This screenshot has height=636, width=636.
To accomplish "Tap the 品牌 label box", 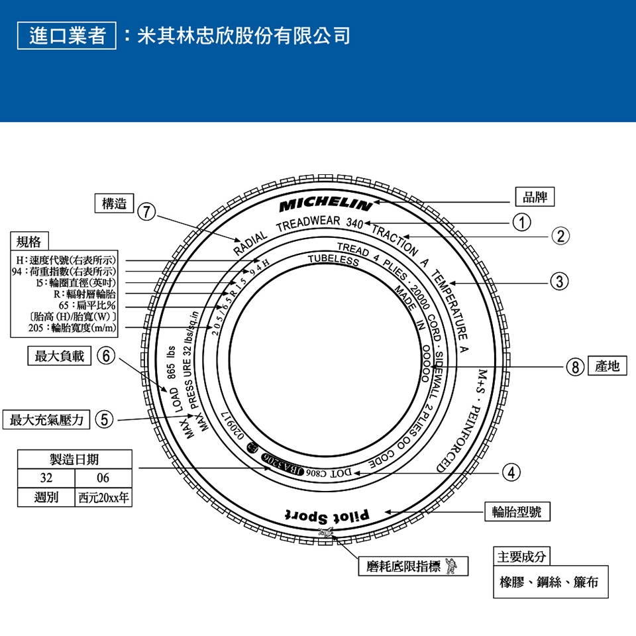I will tap(535, 197).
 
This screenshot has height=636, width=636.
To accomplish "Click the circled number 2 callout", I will tap(560, 236).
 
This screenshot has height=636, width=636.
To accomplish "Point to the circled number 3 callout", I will tap(560, 281).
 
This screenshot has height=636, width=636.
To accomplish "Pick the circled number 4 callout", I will tap(509, 472).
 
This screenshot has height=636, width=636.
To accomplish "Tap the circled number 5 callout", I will tap(104, 419).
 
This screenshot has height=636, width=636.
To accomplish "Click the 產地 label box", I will tap(608, 366).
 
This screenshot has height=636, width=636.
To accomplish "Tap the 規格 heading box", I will tap(28, 240).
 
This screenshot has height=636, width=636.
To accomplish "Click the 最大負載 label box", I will tap(60, 356).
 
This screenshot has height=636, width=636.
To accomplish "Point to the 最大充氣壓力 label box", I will tap(46, 419).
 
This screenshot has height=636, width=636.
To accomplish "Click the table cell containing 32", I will tap(46, 478).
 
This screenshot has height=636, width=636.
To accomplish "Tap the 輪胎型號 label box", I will tap(517, 511).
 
